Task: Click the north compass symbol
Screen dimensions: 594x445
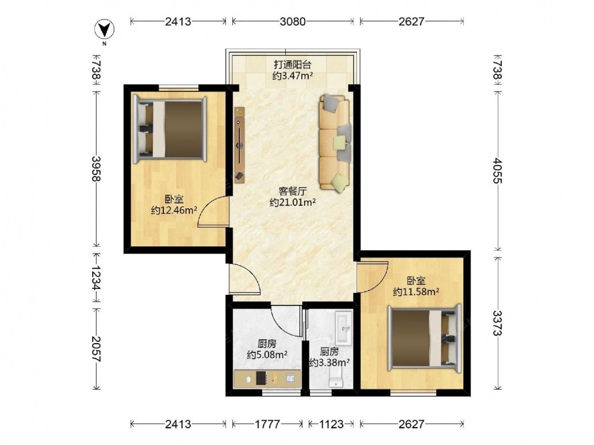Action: [x=105, y=30]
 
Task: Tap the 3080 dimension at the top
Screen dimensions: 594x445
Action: [x=293, y=21]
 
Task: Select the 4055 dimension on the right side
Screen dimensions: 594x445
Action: [x=498, y=171]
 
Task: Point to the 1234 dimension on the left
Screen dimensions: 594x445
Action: [x=97, y=277]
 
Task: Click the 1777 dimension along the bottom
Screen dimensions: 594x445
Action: [x=267, y=424]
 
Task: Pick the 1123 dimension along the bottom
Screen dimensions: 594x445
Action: [x=331, y=424]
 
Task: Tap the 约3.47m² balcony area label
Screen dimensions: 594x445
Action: [x=292, y=76]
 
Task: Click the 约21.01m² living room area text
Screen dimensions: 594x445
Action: [x=293, y=202]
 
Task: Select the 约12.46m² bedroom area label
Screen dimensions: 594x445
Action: [x=174, y=210]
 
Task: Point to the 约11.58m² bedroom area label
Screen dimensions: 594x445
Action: [x=416, y=292]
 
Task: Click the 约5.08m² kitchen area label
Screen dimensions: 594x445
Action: [x=267, y=355]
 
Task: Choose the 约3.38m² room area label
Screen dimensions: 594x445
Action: [x=329, y=363]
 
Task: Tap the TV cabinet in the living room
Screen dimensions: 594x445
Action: [x=239, y=145]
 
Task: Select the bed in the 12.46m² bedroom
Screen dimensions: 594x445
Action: [x=170, y=129]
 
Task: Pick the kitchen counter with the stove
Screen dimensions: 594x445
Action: [x=267, y=379]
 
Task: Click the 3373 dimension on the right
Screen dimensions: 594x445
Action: [x=498, y=323]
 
